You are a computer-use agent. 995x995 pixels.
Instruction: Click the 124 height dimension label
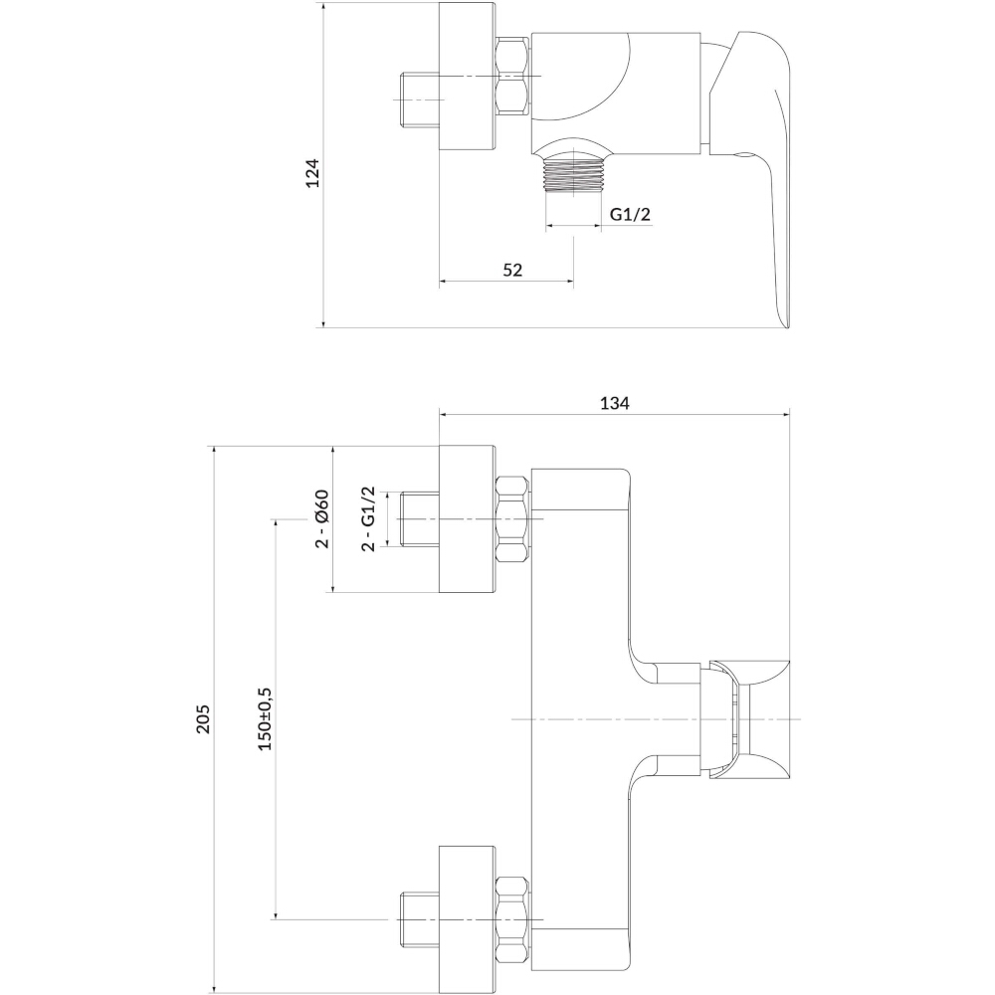(312, 173)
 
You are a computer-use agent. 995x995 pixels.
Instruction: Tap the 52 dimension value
(512, 271)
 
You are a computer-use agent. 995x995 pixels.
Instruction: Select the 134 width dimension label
(614, 403)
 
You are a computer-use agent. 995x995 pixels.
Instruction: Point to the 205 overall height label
(202, 719)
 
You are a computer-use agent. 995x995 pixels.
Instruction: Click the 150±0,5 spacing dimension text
(265, 719)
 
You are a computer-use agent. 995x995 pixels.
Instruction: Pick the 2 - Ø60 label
(322, 518)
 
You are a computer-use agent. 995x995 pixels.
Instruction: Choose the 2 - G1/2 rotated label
(368, 519)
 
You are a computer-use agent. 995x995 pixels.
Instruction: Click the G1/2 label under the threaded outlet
(630, 215)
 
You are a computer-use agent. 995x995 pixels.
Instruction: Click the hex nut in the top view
(512, 77)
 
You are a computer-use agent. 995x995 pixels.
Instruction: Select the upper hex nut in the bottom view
(512, 519)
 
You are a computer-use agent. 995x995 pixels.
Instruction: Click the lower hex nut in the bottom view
(512, 919)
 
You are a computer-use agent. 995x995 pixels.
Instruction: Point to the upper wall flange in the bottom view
(467, 519)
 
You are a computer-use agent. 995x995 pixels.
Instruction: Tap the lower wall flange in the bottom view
(467, 919)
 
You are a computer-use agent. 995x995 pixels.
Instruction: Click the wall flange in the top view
(467, 77)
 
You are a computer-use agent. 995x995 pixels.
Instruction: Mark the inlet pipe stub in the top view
(420, 100)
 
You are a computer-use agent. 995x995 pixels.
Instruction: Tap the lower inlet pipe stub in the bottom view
(420, 919)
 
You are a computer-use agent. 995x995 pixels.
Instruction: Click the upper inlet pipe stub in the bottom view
(420, 519)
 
